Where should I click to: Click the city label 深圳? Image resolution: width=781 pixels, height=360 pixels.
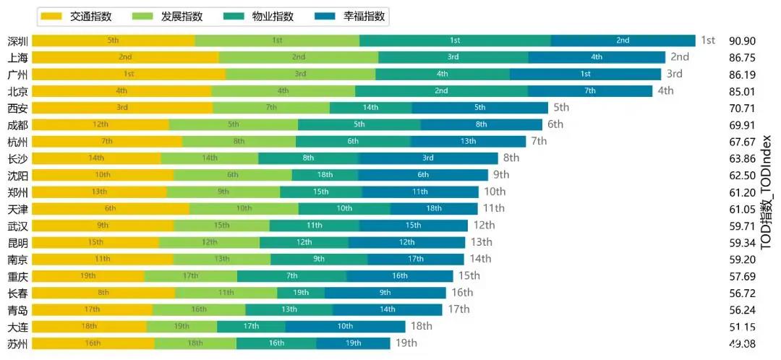tap(17, 40)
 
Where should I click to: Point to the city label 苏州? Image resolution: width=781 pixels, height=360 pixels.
tap(17, 343)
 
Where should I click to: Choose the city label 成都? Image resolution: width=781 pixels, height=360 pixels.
tap(17, 124)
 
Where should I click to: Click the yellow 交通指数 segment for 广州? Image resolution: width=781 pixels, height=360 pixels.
tap(129, 74)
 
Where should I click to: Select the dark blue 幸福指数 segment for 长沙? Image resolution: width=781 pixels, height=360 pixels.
tap(428, 158)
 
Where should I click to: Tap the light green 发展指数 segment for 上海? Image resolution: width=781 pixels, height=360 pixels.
tap(299, 57)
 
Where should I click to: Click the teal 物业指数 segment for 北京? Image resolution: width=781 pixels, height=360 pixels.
tap(441, 91)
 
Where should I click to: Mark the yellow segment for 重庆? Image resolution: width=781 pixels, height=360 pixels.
tap(88, 276)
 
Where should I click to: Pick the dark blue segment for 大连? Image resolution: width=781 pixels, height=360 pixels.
tap(345, 327)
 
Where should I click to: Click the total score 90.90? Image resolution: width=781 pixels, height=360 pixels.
tap(743, 40)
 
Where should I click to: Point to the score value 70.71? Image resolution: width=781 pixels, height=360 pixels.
tap(743, 108)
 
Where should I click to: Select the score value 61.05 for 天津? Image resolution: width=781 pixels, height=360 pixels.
tap(743, 209)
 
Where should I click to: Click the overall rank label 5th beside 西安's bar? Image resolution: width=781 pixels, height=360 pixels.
tap(561, 108)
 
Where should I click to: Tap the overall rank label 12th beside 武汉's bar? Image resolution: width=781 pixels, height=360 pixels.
tap(485, 226)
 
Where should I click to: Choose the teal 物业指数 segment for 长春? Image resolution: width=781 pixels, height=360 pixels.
tap(301, 293)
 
